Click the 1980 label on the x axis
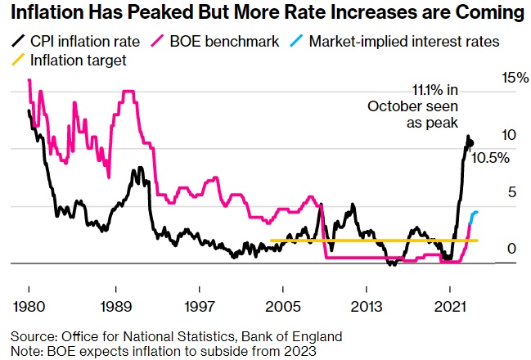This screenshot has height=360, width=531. [29, 306]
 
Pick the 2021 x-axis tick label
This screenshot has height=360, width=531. [449, 306]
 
